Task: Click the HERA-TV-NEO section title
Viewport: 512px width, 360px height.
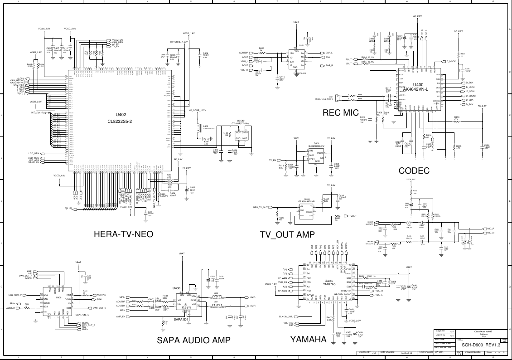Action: pos(123,234)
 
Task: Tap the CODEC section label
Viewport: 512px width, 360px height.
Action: pos(414,171)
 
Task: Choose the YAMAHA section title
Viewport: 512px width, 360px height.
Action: pos(308,339)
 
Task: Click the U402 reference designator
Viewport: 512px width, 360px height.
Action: pos(121,115)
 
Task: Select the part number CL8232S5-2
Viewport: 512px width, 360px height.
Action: pos(120,121)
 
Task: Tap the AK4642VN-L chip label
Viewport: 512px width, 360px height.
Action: pos(415,89)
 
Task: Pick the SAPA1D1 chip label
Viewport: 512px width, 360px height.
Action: pos(181,319)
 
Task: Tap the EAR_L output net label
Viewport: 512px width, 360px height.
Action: pos(329,53)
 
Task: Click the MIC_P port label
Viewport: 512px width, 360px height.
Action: pos(491,229)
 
